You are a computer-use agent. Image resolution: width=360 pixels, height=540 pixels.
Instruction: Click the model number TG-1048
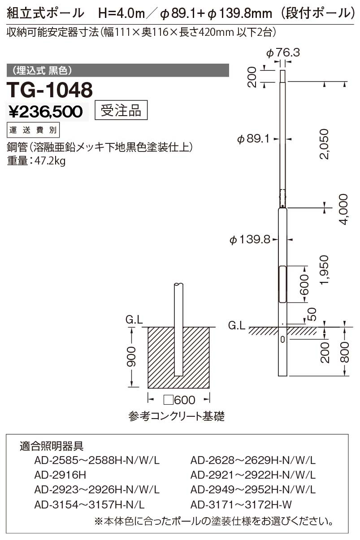(50, 90)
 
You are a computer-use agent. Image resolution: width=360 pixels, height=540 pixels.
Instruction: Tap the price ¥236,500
(46, 112)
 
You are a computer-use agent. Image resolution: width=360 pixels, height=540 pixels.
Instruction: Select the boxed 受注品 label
(121, 110)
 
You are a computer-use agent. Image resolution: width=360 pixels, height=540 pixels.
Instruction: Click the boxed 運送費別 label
(33, 130)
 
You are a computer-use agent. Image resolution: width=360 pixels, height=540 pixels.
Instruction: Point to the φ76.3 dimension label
(283, 52)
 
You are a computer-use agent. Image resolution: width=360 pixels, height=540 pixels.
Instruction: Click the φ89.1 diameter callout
(253, 139)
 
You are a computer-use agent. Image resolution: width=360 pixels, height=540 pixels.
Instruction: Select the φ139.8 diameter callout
(250, 240)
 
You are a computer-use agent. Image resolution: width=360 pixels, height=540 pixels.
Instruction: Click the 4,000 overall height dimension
(343, 209)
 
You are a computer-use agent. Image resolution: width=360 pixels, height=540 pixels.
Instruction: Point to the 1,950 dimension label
(324, 270)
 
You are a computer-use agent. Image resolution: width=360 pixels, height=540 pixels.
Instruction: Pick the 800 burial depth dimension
(345, 352)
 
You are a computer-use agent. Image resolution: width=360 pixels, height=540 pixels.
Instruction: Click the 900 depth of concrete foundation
(131, 357)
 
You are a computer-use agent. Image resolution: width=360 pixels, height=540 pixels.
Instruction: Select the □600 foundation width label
(179, 400)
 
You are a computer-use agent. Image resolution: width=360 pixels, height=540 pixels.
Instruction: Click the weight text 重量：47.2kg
(36, 161)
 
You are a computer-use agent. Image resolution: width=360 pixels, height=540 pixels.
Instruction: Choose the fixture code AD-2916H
(60, 475)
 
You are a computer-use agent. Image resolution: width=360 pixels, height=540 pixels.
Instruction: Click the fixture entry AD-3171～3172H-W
(241, 504)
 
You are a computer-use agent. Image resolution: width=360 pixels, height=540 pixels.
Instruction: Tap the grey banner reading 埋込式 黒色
(118, 70)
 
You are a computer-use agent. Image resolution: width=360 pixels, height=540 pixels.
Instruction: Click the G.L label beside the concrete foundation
(134, 320)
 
